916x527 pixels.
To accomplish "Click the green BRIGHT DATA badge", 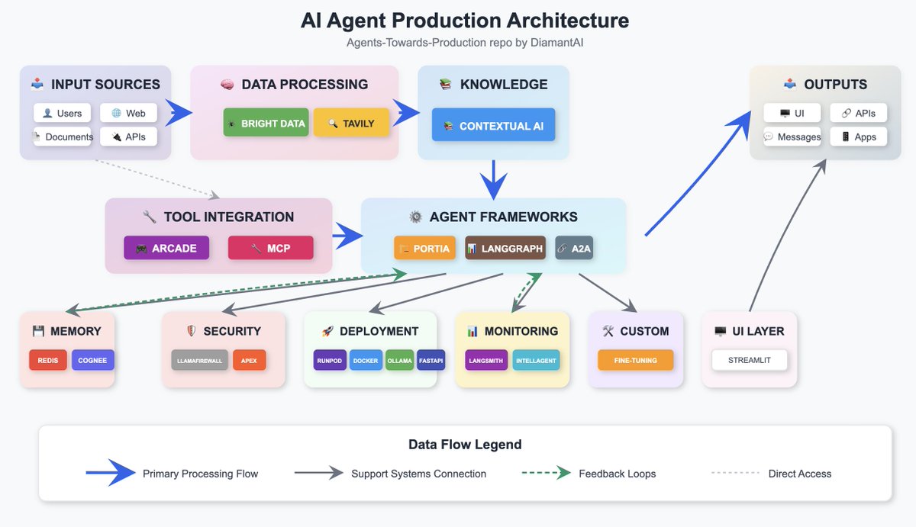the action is tap(266, 122).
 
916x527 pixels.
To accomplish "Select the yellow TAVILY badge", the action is tap(351, 122).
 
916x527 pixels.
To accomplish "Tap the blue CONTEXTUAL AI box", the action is tap(493, 124).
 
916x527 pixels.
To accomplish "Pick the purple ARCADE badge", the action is tap(166, 248).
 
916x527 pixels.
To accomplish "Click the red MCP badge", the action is tap(271, 248).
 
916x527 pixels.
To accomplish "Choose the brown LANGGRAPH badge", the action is tap(505, 248).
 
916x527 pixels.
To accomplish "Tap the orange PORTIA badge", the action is tap(424, 248).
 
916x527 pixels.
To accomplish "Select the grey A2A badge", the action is tap(574, 248).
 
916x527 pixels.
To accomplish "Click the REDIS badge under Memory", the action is tap(48, 360).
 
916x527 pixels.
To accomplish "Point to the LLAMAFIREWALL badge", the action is tap(199, 360).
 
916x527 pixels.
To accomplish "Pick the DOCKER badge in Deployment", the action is tap(366, 360).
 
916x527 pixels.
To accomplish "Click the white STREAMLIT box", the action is tap(749, 360).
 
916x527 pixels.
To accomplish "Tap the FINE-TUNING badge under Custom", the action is tap(635, 360).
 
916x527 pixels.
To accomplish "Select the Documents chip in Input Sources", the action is tap(63, 137).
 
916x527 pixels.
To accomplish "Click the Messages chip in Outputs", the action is tap(792, 137).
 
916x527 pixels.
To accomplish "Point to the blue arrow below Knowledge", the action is tap(494, 180).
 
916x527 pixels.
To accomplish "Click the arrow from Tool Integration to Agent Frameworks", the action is tap(347, 236).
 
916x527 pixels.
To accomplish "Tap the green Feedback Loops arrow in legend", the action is tap(547, 473).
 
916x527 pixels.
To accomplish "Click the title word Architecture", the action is tap(568, 21).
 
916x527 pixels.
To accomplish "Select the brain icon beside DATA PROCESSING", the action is tap(227, 84).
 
